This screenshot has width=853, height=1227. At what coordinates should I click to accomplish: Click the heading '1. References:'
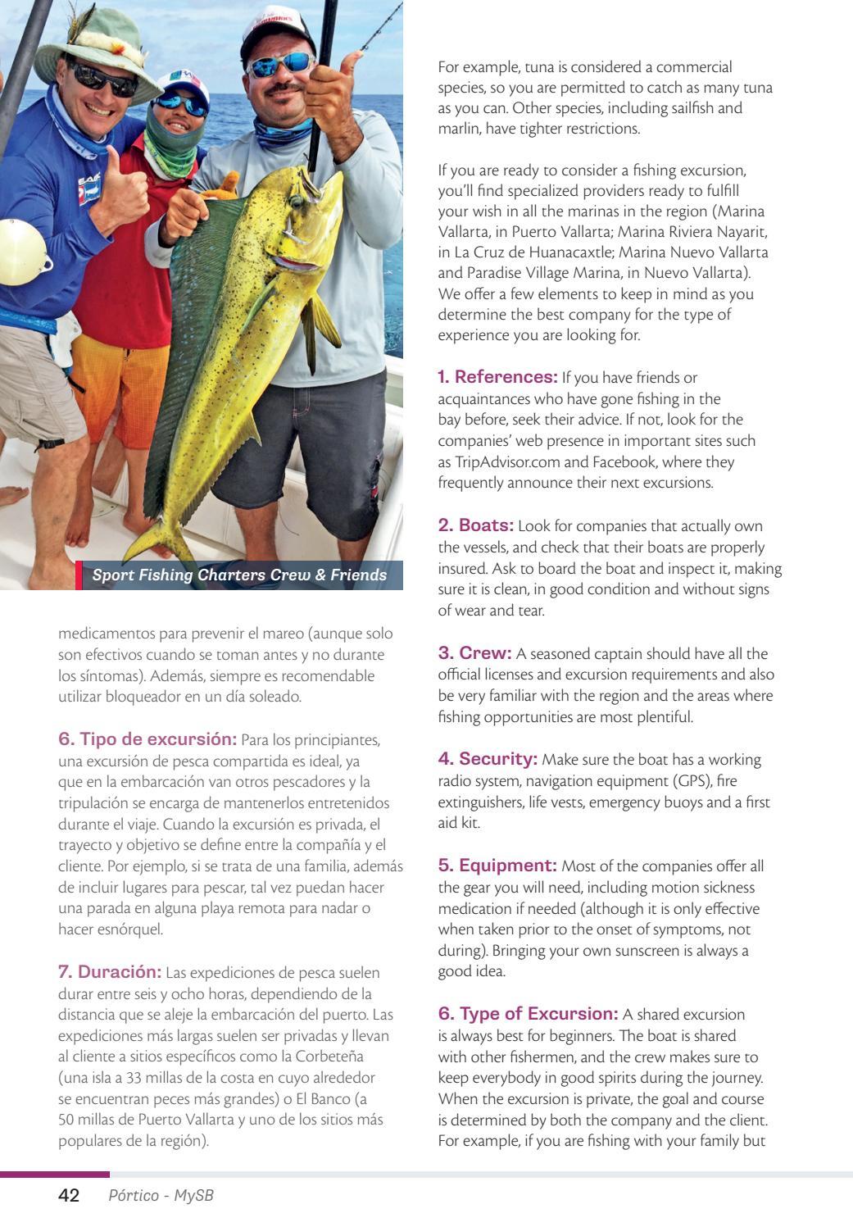click(x=497, y=377)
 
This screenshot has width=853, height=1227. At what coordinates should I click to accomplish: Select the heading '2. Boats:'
click(x=475, y=525)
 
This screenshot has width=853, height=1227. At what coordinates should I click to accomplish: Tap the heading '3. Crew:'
click(x=474, y=653)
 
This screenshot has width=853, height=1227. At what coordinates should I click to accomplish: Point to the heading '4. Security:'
click(x=488, y=759)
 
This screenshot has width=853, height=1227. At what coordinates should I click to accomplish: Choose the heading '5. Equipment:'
click(x=497, y=866)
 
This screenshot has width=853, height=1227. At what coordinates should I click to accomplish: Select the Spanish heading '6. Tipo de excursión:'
click(x=147, y=739)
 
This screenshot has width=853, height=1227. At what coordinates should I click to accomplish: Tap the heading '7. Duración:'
click(x=110, y=972)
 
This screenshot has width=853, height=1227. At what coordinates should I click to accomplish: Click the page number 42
click(x=69, y=1196)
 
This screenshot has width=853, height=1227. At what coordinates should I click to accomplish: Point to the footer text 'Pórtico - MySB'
click(x=161, y=1196)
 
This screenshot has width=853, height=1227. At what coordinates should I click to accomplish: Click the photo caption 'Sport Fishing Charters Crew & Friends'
click(x=239, y=575)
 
